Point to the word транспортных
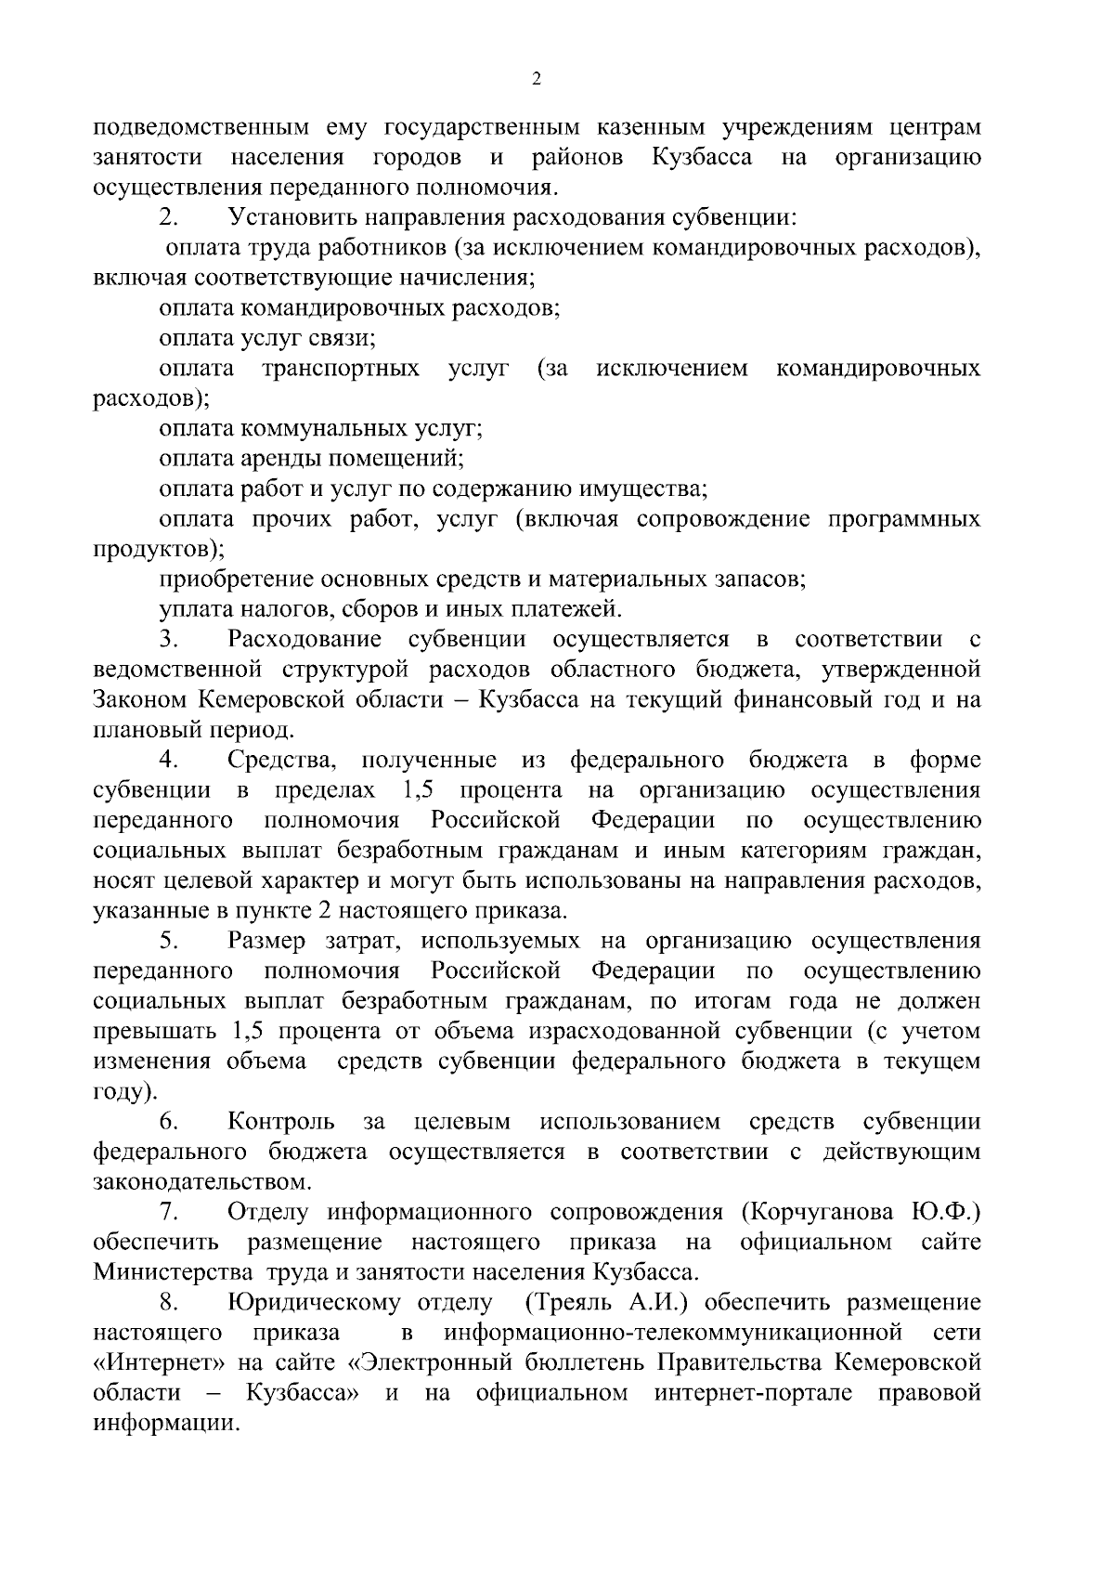tap(340, 369)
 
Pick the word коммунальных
tap(322, 429)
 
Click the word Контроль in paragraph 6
tap(281, 1122)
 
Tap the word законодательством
tap(201, 1182)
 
